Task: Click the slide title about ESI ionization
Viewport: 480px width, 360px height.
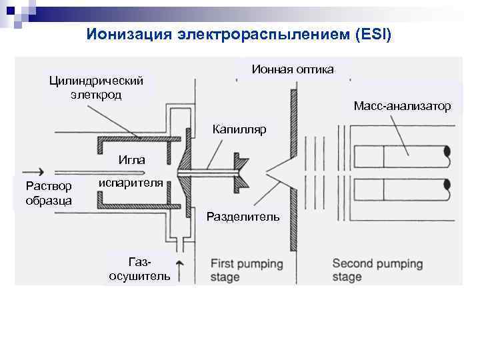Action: pyautogui.click(x=239, y=33)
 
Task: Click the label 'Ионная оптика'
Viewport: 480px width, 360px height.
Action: pyautogui.click(x=293, y=69)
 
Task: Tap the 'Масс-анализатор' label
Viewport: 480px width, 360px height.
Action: pyautogui.click(x=402, y=106)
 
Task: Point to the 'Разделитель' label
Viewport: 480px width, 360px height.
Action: pyautogui.click(x=243, y=216)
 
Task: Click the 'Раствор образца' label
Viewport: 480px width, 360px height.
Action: pyautogui.click(x=45, y=193)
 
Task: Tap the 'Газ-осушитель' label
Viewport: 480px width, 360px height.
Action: pyautogui.click(x=139, y=269)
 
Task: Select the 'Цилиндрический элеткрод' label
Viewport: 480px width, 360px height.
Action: pyautogui.click(x=96, y=87)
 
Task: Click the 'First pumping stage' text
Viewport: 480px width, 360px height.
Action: pyautogui.click(x=247, y=270)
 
